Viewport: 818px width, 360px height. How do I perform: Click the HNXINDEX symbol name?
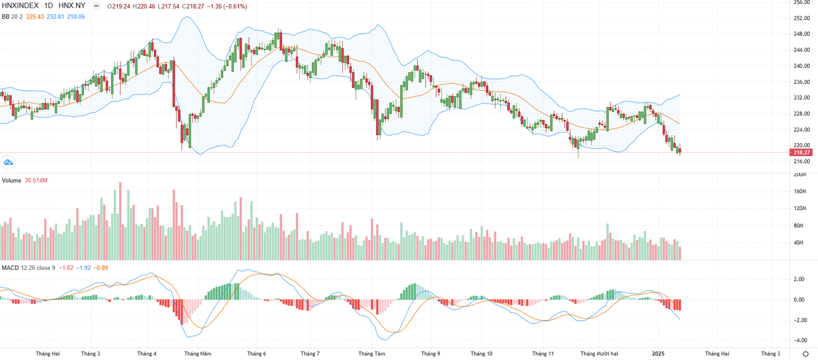coord(22,6)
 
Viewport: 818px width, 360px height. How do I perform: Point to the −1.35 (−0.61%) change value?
coord(225,6)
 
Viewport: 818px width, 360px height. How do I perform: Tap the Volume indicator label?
coord(12,180)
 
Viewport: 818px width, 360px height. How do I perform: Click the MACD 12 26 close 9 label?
coord(29,267)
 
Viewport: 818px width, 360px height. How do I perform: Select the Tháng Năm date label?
coord(197,354)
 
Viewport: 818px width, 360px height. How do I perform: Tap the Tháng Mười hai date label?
coord(599,354)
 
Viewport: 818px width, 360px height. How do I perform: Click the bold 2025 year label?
coord(657,354)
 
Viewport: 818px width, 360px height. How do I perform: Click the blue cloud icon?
coord(9,162)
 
